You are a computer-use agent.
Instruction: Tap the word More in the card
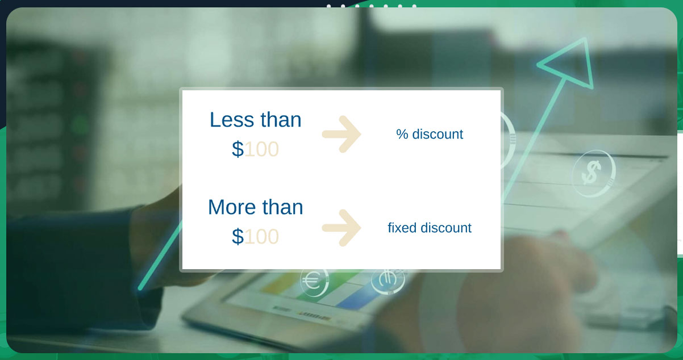click(232, 207)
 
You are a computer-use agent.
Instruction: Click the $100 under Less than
click(255, 149)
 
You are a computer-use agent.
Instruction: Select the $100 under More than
click(255, 237)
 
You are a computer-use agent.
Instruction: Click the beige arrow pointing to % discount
click(342, 134)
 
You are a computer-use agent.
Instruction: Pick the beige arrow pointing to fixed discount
click(342, 228)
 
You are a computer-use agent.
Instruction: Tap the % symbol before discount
click(402, 134)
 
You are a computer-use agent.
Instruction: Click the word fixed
click(402, 228)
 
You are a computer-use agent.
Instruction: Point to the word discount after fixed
click(446, 228)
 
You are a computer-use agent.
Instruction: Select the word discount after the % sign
click(438, 134)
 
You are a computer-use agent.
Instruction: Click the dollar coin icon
click(593, 173)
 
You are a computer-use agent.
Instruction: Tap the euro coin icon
click(314, 281)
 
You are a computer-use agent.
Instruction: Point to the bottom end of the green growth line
click(140, 288)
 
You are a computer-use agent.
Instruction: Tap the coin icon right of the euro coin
click(388, 281)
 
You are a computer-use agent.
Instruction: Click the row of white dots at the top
click(372, 6)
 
